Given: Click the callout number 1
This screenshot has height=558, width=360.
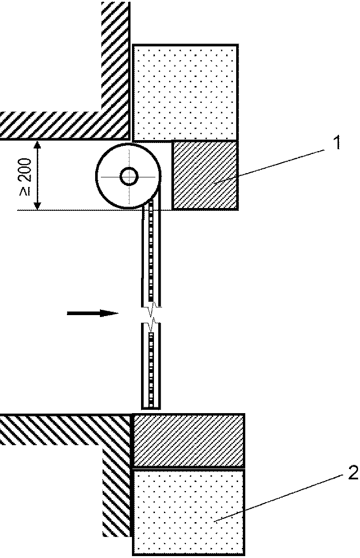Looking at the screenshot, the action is coord(336,142).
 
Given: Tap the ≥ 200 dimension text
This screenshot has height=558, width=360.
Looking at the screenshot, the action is coord(25,176).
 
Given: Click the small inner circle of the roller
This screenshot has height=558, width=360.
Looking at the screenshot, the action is coord(129,176).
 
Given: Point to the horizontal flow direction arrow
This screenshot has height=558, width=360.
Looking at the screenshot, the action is coord(93,313).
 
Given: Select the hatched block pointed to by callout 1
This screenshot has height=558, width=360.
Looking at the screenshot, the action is coord(205,175).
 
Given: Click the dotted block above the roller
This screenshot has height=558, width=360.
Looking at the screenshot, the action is coord(185,93).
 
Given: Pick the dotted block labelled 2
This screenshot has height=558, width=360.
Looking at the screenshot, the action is coord(188,512).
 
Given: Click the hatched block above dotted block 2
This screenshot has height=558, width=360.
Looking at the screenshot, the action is coord(188,440).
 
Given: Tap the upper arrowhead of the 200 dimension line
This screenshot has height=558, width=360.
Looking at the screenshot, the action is coord(37,144).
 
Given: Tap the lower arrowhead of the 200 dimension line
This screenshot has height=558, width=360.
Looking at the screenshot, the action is coord(37,206).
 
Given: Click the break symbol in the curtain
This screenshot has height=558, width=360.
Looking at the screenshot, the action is coord(152,315).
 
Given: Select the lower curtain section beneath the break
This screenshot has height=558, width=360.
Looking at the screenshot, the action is coord(152,366).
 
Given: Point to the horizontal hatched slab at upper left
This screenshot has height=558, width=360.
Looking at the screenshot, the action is coord(64,125).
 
